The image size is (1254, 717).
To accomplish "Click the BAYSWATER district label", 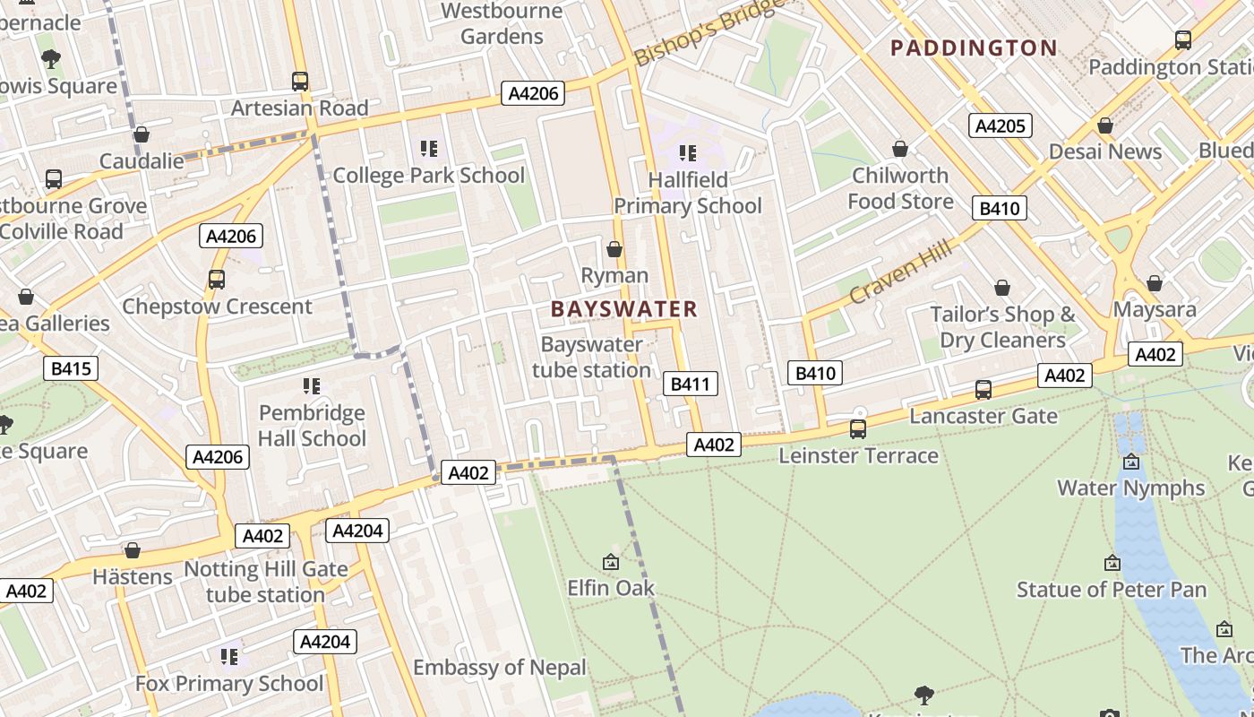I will click(623, 309).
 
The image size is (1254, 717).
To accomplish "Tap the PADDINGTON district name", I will click(974, 48).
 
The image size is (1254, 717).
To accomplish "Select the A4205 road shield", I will click(1000, 125).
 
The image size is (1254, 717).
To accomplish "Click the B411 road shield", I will click(690, 384).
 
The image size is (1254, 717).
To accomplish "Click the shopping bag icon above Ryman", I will click(614, 249).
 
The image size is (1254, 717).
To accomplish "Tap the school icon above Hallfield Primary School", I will click(687, 153).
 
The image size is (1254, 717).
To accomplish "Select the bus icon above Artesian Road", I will click(300, 82).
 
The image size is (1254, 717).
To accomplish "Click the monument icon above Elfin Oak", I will click(611, 562).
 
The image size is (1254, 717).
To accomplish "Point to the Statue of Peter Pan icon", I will click(1112, 563).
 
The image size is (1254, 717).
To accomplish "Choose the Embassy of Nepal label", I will click(499, 668).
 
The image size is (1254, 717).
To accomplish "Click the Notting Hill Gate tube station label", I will click(265, 582).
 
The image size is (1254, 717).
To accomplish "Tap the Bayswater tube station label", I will click(591, 357).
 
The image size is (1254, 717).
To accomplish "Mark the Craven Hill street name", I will click(901, 271).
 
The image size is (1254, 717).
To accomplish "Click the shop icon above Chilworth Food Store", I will click(899, 149).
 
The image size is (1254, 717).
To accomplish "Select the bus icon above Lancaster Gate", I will click(983, 390).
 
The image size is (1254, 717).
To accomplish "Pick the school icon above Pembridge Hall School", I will click(312, 386).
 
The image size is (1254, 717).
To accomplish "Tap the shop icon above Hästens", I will click(133, 550).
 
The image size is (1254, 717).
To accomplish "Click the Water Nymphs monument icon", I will click(1131, 462).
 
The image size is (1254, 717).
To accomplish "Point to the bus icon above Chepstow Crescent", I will click(217, 280).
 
